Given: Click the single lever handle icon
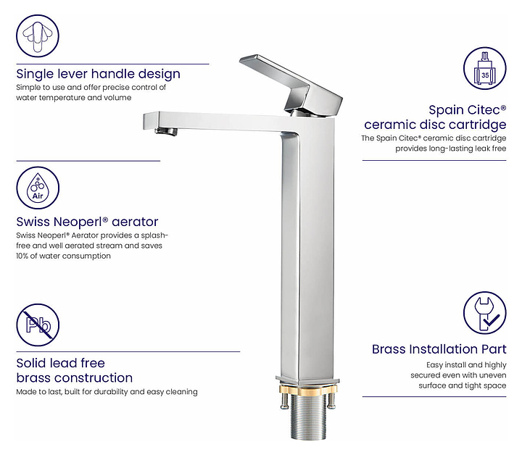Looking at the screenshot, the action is coord(38,36).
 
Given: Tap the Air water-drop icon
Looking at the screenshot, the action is coord(38,188).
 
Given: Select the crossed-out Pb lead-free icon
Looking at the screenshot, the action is coord(38,325).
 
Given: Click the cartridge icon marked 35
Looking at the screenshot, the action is coord(485,68).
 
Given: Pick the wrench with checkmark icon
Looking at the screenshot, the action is coord(485,313).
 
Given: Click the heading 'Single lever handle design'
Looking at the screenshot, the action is coord(98,74).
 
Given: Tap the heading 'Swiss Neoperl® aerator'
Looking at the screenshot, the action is coord(87,222).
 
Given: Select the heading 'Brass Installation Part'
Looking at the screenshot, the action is coord(439,349).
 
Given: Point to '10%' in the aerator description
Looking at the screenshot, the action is coord(22,256).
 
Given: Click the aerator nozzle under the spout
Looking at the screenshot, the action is coord(167,132).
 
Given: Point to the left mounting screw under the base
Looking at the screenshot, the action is coord(284,402).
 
